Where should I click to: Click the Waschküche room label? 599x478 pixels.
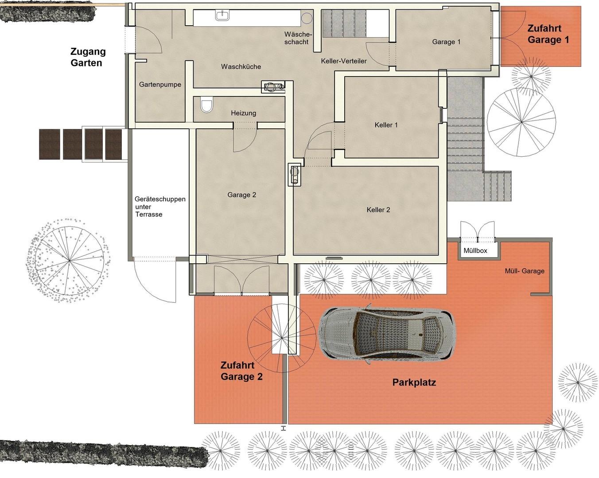(241, 67)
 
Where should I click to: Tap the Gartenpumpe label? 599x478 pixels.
(160, 85)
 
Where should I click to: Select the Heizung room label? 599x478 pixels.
(244, 113)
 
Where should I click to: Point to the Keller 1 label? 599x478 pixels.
(386, 125)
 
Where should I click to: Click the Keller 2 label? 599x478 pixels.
(378, 210)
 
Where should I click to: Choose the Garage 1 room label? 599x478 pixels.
(446, 42)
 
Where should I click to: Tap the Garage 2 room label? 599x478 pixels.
(241, 195)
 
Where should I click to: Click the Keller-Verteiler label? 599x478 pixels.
(344, 61)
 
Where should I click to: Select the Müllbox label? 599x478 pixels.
(475, 251)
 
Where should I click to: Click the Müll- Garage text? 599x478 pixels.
(525, 271)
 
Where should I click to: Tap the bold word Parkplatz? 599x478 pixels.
(414, 382)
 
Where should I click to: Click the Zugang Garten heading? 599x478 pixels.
(88, 57)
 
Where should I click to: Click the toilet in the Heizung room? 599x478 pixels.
(206, 104)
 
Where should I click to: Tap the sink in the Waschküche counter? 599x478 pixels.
(223, 15)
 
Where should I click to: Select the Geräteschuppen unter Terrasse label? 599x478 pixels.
(160, 207)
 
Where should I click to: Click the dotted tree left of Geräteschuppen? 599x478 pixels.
(69, 261)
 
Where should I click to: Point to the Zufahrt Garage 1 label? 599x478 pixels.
(548, 34)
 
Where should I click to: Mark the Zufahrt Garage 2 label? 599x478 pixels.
(241, 371)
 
